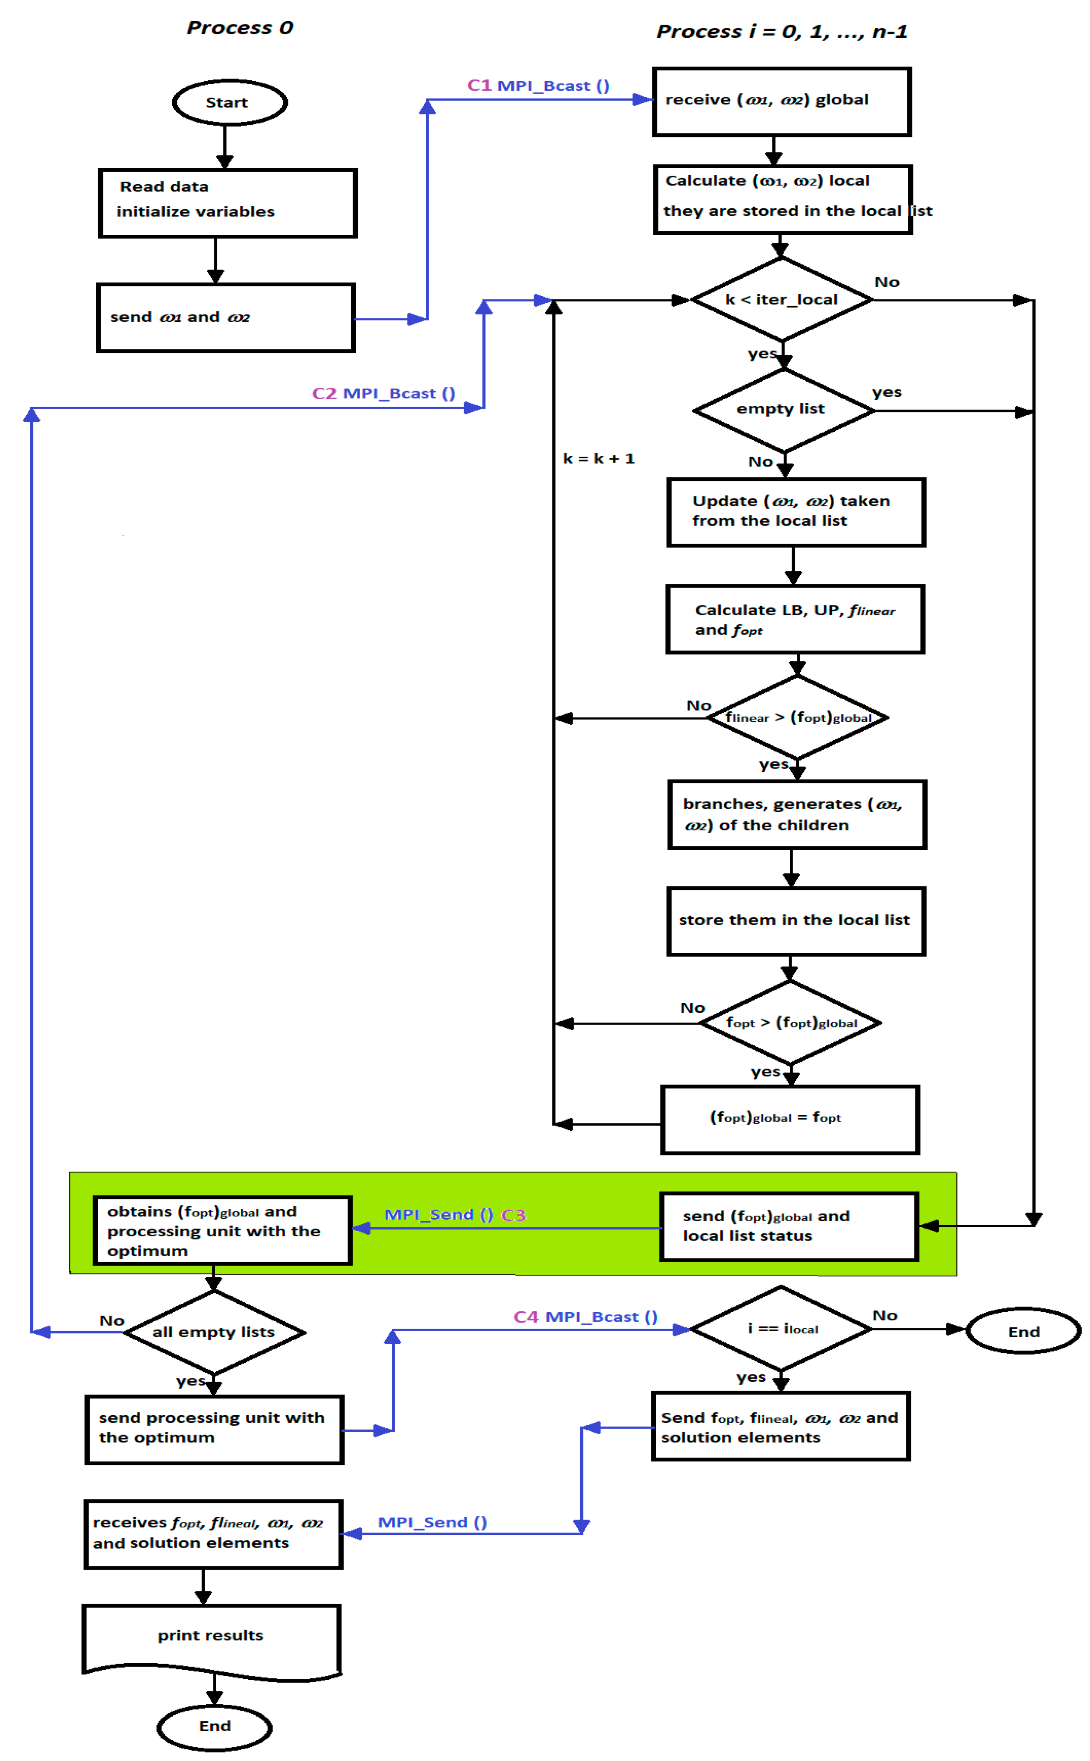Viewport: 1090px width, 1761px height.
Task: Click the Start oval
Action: point(229,103)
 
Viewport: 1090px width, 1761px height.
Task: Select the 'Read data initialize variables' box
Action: point(227,203)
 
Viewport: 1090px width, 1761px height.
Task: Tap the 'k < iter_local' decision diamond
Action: point(781,299)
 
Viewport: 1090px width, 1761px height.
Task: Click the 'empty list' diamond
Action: point(783,410)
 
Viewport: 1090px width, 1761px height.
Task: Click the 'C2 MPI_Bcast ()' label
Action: point(383,393)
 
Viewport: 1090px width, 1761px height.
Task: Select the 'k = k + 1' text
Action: point(599,459)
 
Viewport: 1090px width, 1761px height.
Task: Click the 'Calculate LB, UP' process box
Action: point(794,619)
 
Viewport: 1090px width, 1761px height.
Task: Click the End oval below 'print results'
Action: point(214,1727)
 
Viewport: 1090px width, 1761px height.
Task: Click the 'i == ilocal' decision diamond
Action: point(781,1328)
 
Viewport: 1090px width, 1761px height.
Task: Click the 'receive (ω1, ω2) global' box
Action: point(781,101)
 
